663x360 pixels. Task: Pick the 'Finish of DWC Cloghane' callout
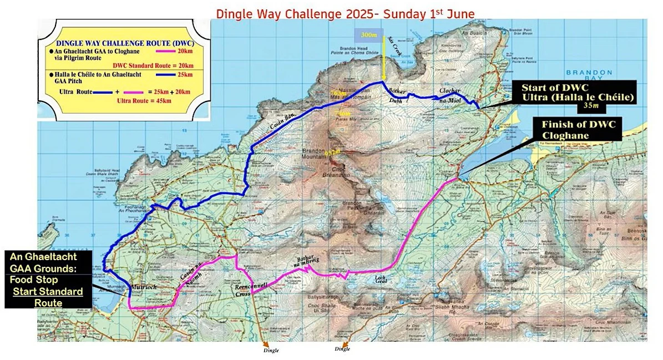coord(579,129)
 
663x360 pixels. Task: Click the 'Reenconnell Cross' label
coord(251,289)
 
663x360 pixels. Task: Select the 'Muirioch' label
coord(145,288)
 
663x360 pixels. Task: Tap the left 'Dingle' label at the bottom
coord(271,350)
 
